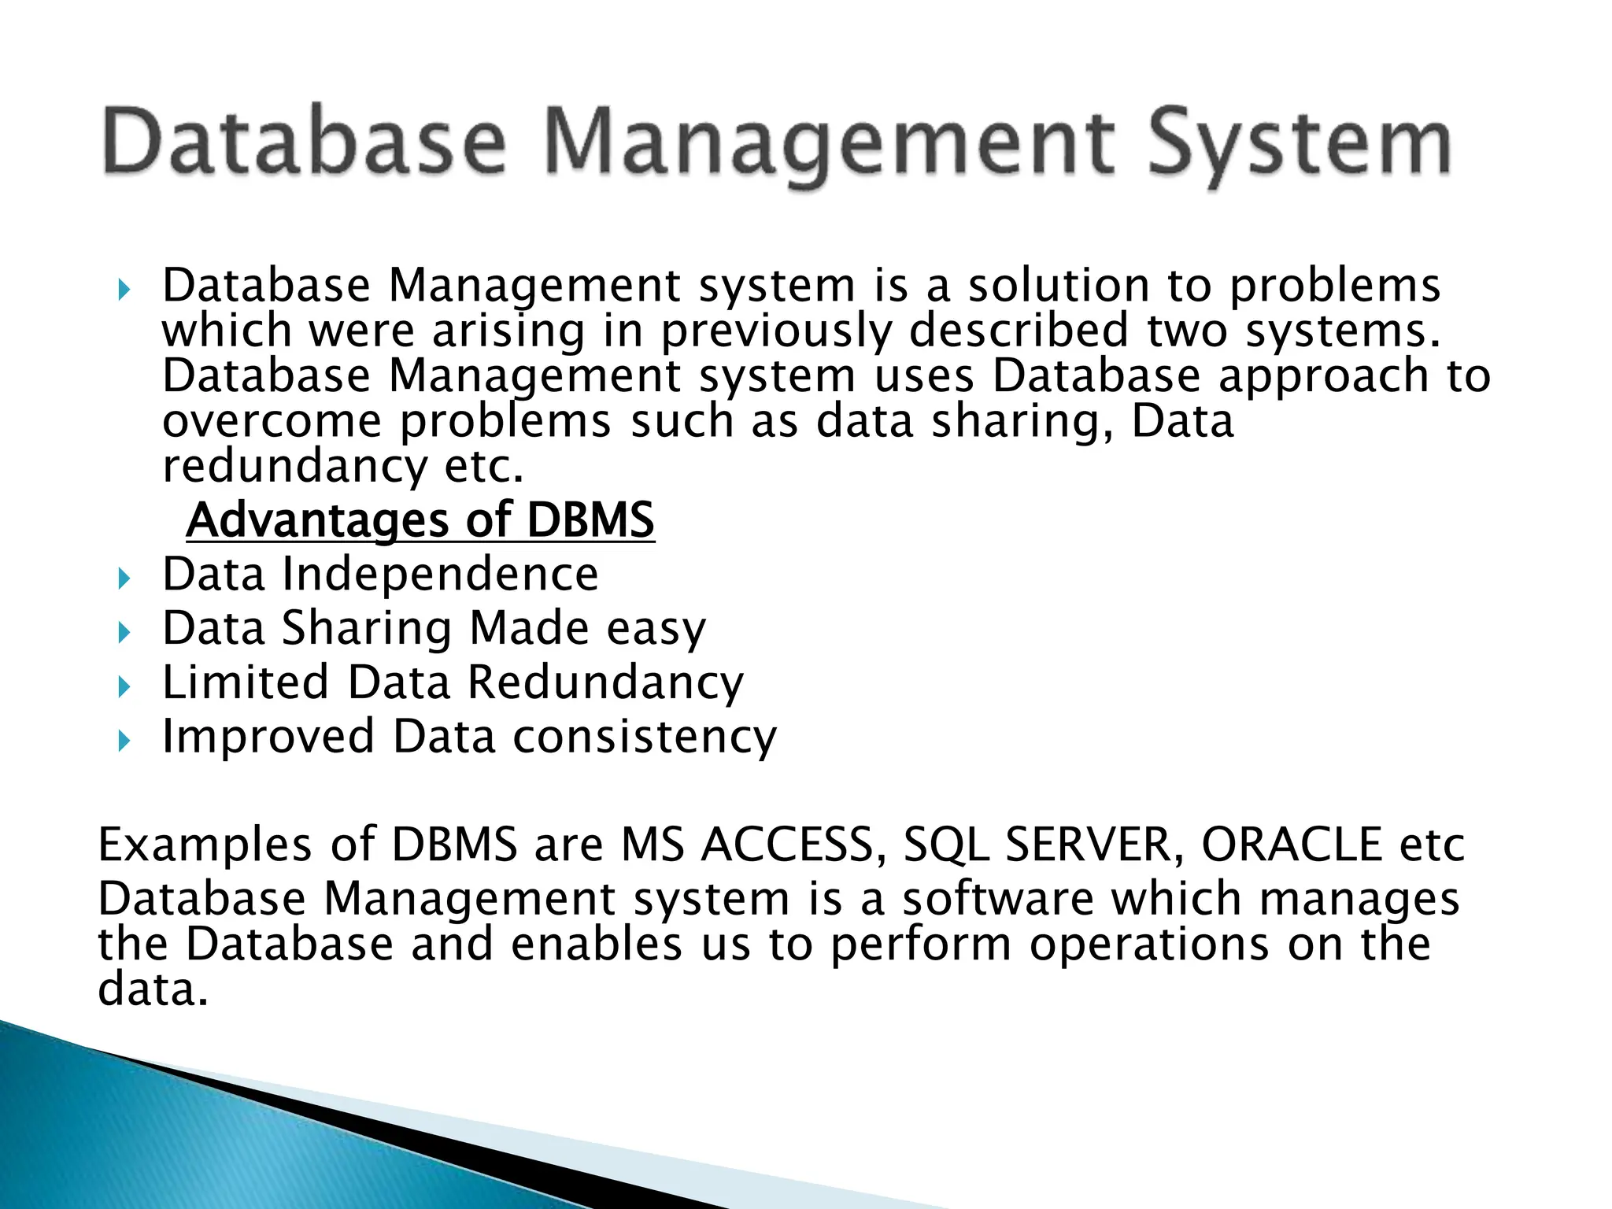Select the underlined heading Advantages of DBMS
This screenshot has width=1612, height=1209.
(x=420, y=520)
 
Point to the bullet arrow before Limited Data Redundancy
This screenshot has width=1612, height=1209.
(x=123, y=688)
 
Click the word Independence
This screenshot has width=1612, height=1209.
(x=440, y=574)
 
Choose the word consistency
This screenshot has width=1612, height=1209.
(x=645, y=737)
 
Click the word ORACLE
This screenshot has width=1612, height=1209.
(x=1292, y=845)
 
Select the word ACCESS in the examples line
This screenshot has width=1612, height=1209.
(x=789, y=845)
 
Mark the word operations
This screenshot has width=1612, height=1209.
(x=1149, y=945)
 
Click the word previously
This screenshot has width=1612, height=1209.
(x=775, y=331)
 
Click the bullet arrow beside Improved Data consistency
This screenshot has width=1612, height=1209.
(x=123, y=741)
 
